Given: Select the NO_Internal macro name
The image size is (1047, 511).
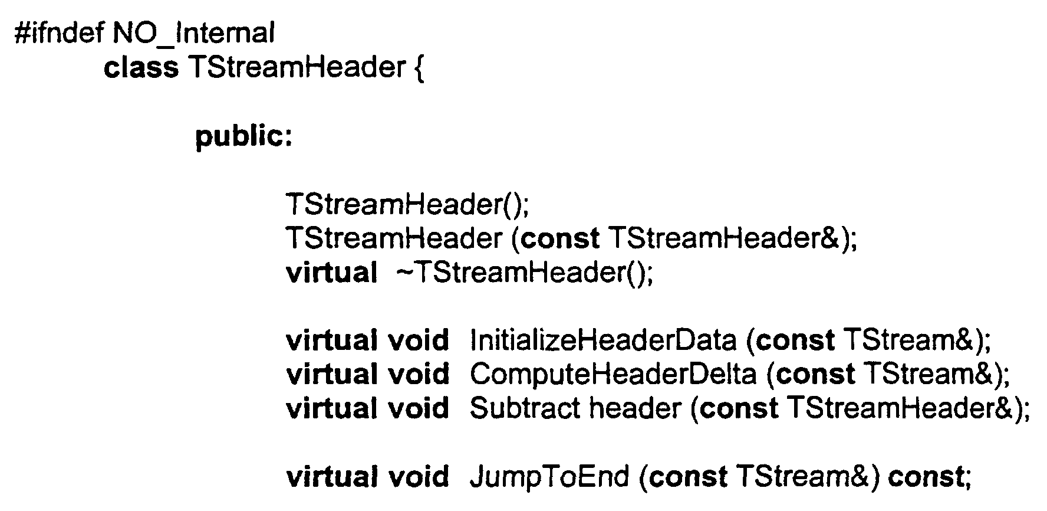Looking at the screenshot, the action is pyautogui.click(x=193, y=33).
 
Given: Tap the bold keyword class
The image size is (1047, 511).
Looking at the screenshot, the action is pyautogui.click(x=141, y=67).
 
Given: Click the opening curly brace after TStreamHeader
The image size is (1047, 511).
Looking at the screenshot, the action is pyautogui.click(x=418, y=68).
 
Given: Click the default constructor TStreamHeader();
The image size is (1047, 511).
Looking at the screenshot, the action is pyautogui.click(x=408, y=204).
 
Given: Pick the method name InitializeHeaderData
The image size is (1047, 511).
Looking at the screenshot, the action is pyautogui.click(x=603, y=340).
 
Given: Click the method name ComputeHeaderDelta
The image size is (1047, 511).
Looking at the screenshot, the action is pyautogui.click(x=613, y=375).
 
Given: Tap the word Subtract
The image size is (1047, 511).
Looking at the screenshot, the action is pyautogui.click(x=525, y=408).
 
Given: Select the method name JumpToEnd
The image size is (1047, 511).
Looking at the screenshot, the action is pyautogui.click(x=549, y=477).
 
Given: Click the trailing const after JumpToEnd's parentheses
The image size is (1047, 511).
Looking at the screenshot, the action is pyautogui.click(x=925, y=477).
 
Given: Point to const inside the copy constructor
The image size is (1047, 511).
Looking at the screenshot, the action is pyautogui.click(x=561, y=238).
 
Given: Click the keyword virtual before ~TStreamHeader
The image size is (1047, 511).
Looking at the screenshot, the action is pyautogui.click(x=331, y=273).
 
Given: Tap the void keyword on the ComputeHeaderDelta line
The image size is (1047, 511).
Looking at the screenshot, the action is pyautogui.click(x=418, y=375).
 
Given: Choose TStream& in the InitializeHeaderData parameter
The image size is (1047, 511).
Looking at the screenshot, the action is pyautogui.click(x=908, y=340).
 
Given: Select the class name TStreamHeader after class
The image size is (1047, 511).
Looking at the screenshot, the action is pyautogui.click(x=297, y=67).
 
